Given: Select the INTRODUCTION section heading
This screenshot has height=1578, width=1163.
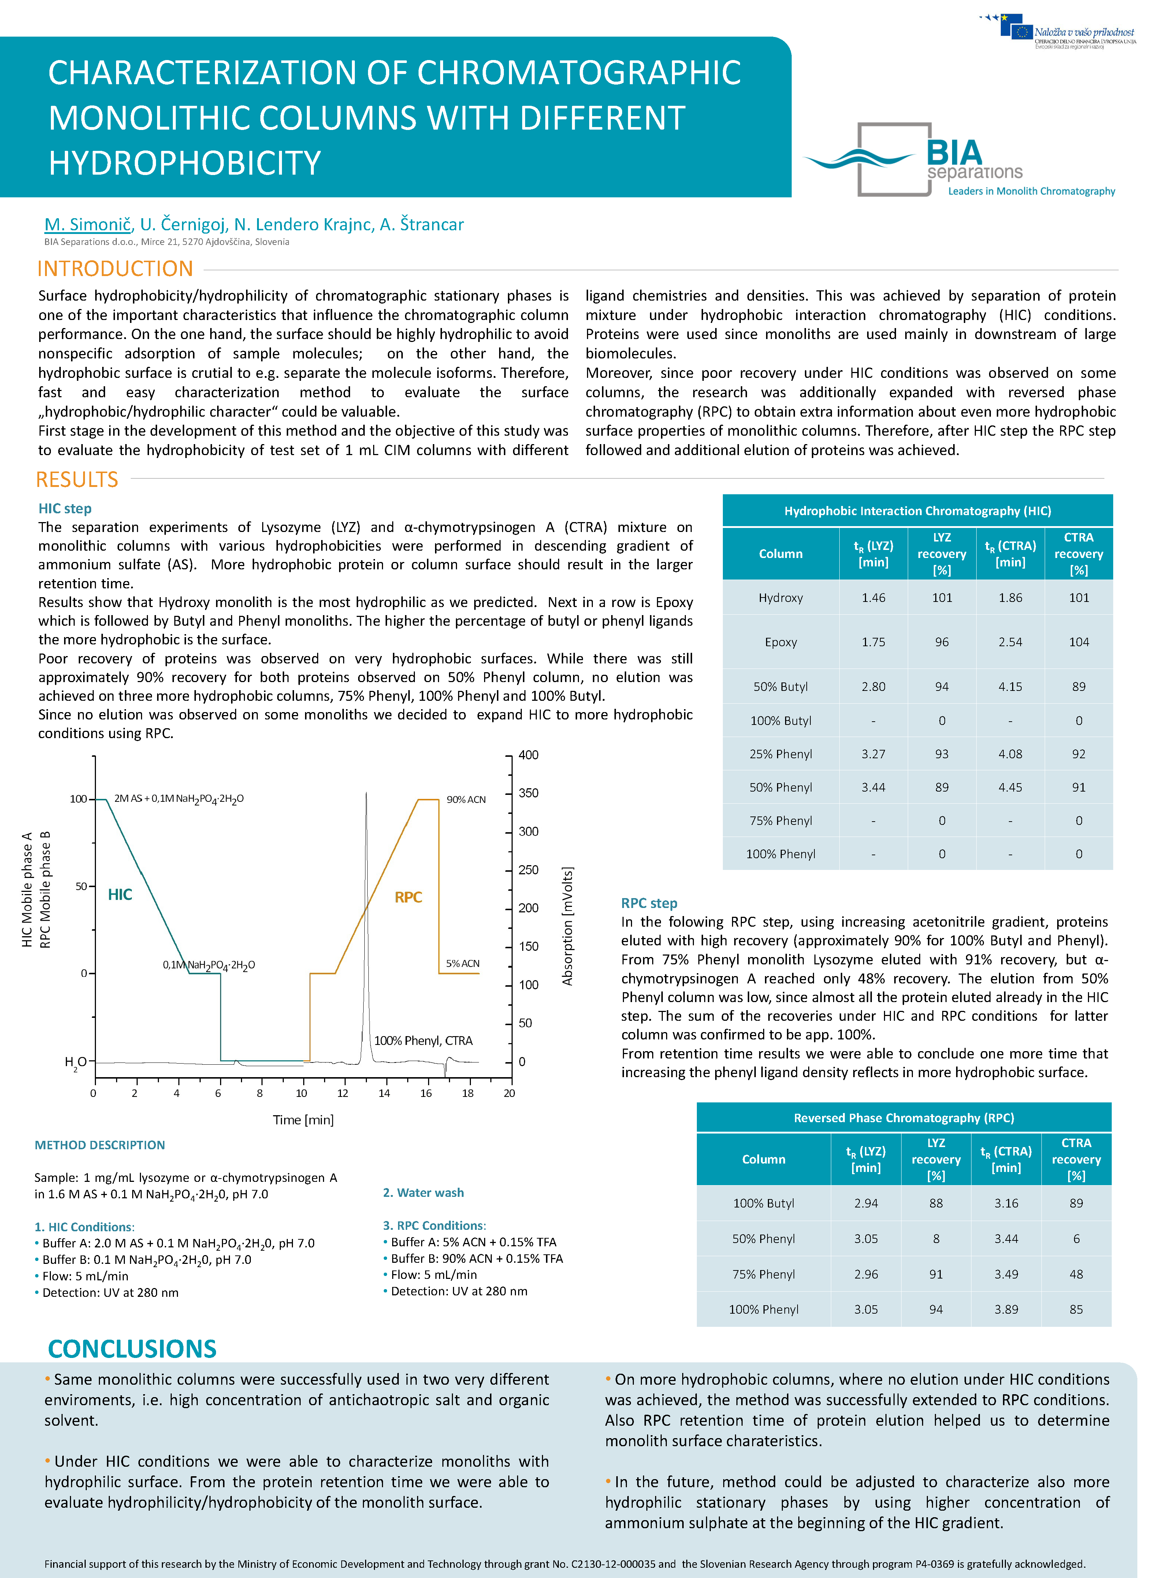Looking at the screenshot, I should pos(115,269).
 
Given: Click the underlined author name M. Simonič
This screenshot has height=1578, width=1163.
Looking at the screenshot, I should pos(87,224).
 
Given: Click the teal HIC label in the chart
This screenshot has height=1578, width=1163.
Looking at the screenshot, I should pos(120,894).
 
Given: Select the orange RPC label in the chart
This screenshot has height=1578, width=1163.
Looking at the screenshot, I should pos(408,897).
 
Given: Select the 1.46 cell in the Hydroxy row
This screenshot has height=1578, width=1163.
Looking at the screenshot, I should pos(873,598).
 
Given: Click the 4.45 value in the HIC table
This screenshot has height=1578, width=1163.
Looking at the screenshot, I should pos(1010,787).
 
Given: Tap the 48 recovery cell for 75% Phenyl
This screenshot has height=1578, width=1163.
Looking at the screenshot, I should pos(1076,1274).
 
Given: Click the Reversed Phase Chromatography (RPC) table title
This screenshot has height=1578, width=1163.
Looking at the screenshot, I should pos(904,1118).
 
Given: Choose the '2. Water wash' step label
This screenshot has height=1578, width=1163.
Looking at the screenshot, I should pos(423,1192).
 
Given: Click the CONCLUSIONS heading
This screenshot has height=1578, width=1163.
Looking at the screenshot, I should pos(132,1348).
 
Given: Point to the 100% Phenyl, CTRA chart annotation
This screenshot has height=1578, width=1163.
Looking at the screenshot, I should pos(423,1040).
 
